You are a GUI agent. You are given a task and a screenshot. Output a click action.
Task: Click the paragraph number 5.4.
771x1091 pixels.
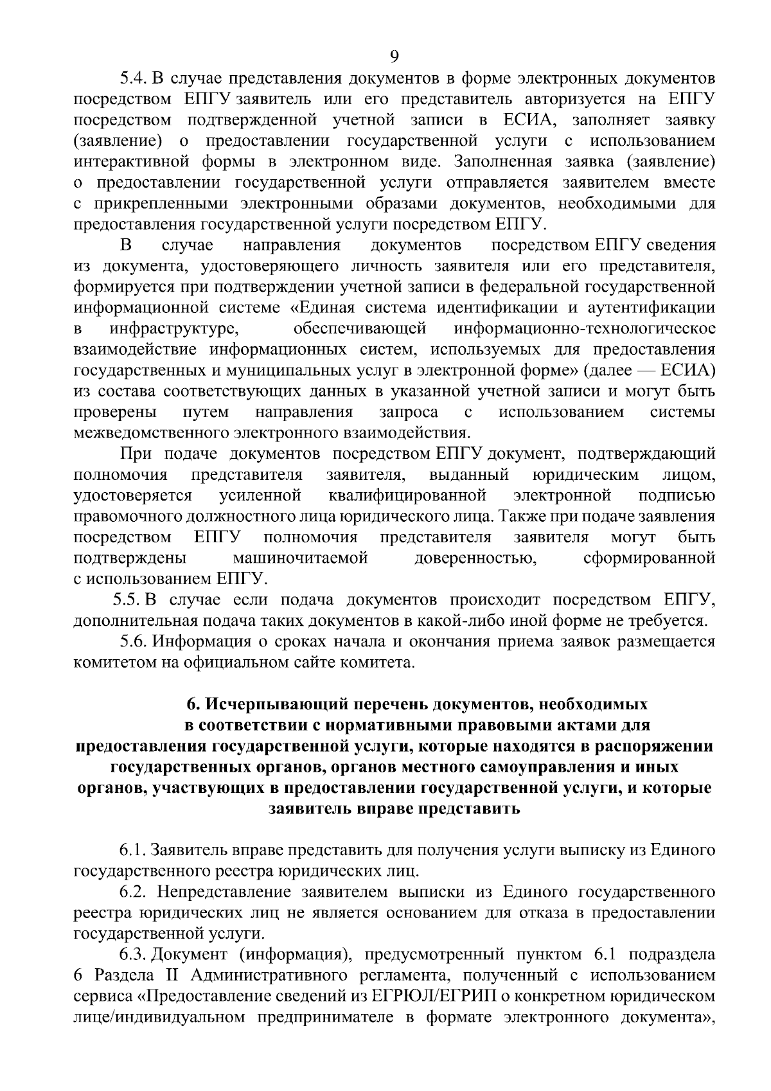pos(134,78)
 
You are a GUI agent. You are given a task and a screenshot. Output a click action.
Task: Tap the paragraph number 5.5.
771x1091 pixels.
pos(127,599)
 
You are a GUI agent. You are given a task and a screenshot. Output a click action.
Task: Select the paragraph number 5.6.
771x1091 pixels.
pos(134,641)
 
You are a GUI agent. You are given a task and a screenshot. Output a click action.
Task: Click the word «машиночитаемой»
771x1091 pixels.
pos(300,558)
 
